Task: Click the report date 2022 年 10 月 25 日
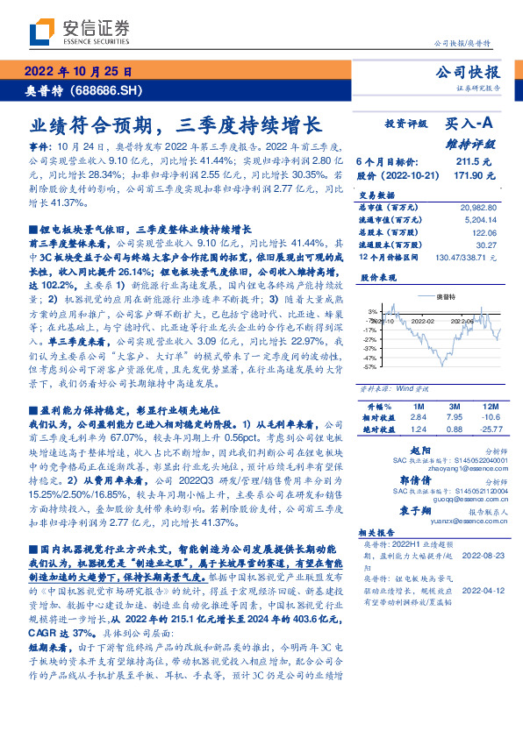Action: coord(76,72)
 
